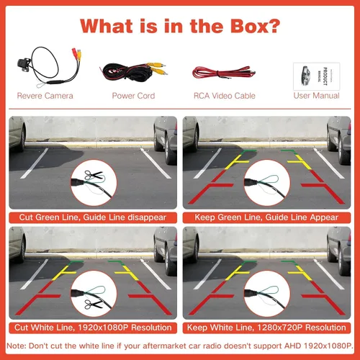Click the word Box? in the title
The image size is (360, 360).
[x=256, y=26]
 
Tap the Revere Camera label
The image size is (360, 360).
[x=45, y=96]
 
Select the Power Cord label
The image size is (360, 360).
[x=133, y=96]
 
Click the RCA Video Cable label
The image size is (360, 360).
[x=225, y=96]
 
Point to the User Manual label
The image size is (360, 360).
[x=316, y=96]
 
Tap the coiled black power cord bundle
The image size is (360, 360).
[x=127, y=71]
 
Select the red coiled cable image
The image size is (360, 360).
[x=224, y=72]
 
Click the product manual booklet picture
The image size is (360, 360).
[x=316, y=76]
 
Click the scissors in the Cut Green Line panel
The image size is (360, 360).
[x=94, y=175]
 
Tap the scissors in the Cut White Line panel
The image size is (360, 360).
[x=93, y=305]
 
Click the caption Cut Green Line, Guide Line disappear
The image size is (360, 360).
[x=93, y=217]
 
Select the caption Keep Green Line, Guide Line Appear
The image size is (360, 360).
[x=266, y=217]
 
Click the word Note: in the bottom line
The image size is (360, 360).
[x=17, y=346]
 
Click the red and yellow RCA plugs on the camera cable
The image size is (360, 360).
[x=76, y=54]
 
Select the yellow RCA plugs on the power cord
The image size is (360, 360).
[x=156, y=68]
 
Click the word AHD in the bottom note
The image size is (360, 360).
[x=292, y=346]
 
